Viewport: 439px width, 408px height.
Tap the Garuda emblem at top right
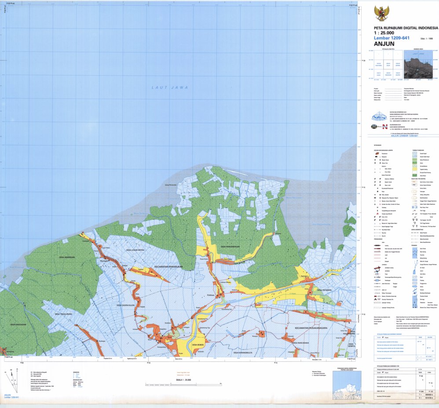pos(381,13)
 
